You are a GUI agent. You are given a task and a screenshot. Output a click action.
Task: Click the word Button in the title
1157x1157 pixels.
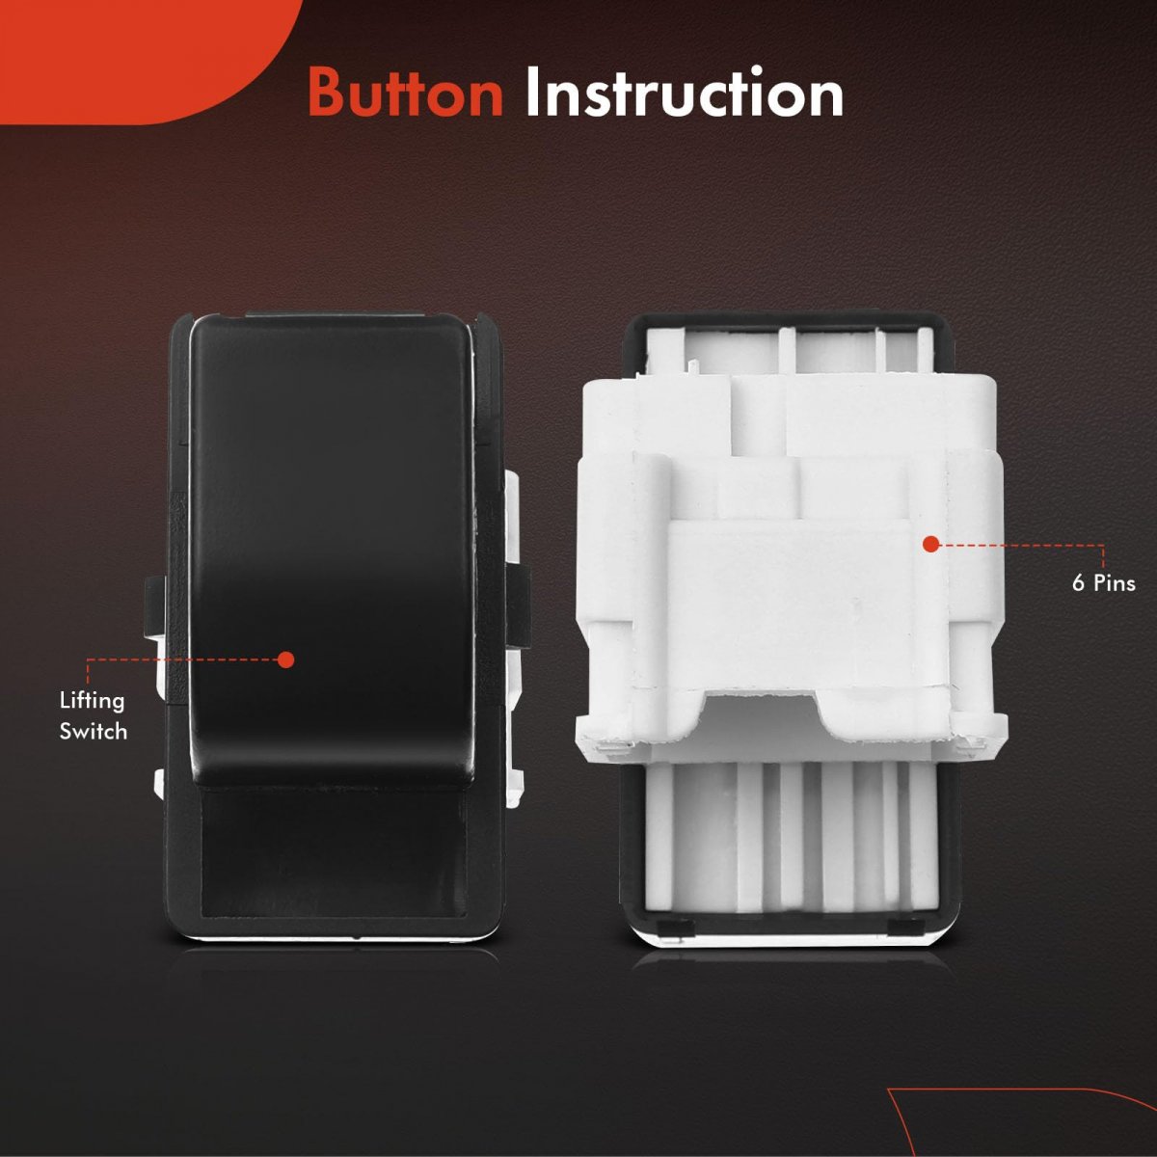pos(406,94)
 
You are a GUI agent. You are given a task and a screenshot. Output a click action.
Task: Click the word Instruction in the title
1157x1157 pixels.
pos(684,93)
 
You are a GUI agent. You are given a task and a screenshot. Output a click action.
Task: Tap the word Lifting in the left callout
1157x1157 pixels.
pos(92,702)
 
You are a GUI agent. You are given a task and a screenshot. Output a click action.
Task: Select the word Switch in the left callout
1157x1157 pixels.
pos(94,731)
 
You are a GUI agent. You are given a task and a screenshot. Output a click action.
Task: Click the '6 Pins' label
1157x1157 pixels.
pos(1104,583)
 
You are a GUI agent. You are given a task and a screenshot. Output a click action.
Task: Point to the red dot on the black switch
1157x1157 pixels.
pos(286,659)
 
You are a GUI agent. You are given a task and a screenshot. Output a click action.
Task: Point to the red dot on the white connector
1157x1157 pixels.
pos(930,545)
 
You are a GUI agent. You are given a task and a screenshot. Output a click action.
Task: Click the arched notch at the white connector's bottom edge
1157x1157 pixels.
pos(763,715)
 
